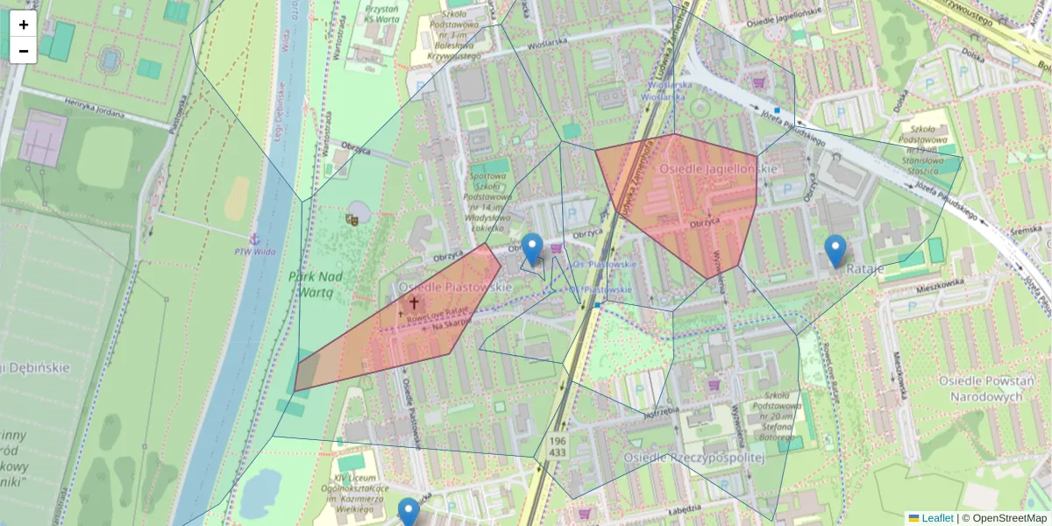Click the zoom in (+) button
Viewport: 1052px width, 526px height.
click(x=24, y=25)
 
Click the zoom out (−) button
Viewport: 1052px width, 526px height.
click(x=24, y=50)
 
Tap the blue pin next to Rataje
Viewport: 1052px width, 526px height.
click(x=835, y=251)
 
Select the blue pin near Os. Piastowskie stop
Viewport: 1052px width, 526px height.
click(x=531, y=249)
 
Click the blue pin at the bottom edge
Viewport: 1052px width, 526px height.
click(x=409, y=513)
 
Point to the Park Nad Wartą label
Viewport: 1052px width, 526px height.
click(x=316, y=286)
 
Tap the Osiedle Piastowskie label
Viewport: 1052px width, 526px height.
click(x=454, y=287)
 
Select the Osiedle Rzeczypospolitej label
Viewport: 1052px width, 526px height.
click(x=694, y=457)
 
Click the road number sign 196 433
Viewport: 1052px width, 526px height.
click(x=558, y=445)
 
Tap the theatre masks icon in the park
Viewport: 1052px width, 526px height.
click(x=353, y=218)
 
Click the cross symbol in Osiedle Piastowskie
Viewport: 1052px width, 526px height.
click(x=414, y=302)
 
